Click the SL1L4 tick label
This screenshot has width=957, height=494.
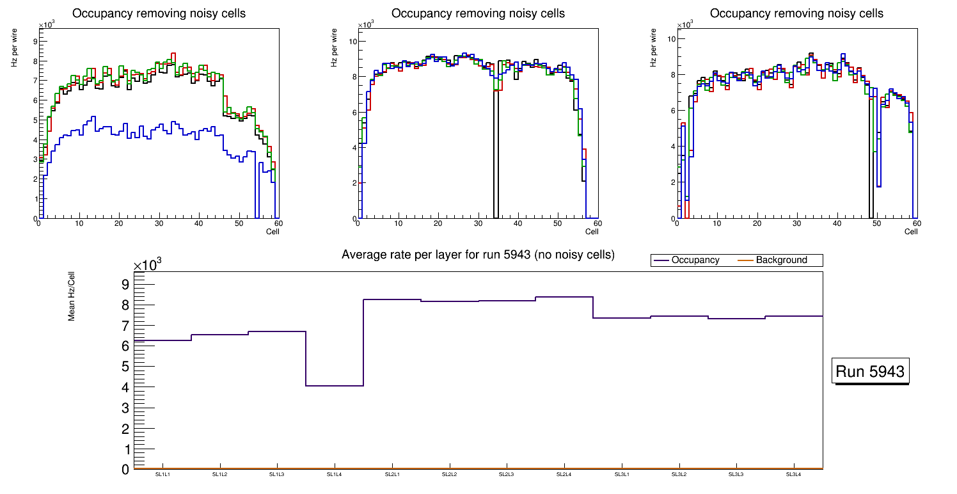coord(335,474)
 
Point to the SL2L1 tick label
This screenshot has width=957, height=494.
coord(392,474)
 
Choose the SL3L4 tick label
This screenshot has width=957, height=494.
coord(794,474)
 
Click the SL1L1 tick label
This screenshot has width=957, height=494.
coord(162,474)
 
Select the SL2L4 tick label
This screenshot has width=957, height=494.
coord(564,474)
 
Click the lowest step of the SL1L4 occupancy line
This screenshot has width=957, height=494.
coord(335,386)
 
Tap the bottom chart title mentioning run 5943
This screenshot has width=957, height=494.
coord(478,255)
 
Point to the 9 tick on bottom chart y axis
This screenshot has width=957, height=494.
coord(125,284)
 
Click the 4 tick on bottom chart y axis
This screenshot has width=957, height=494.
coord(125,387)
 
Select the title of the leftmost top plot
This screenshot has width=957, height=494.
coord(159,13)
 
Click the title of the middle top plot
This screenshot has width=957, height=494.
coord(478,13)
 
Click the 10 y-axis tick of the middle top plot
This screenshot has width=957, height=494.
coord(352,42)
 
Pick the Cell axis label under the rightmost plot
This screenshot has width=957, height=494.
coord(911,232)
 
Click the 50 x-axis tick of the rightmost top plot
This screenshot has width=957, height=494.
coord(876,223)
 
